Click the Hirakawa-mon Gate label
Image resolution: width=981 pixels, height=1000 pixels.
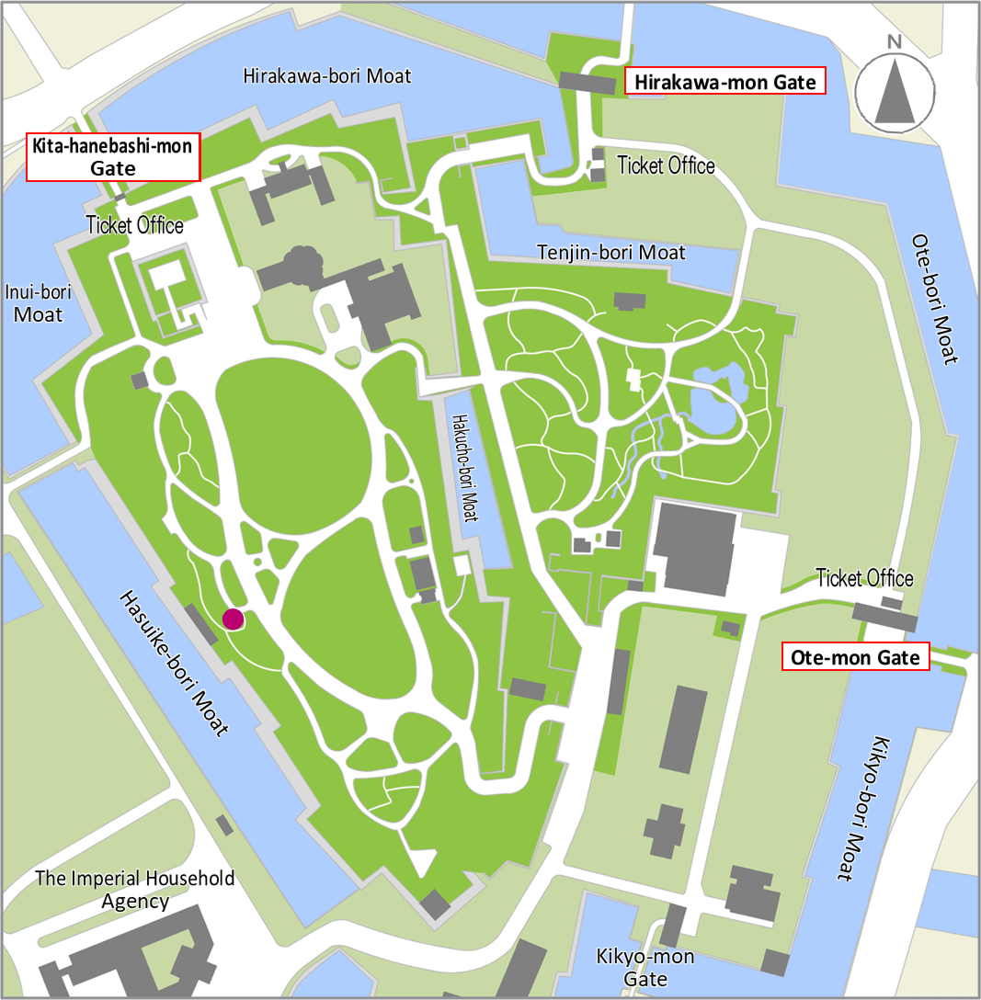pyautogui.click(x=724, y=82)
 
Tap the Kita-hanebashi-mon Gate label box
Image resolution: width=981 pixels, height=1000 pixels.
pyautogui.click(x=113, y=156)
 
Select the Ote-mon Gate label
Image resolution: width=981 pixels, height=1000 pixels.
pyautogui.click(x=856, y=657)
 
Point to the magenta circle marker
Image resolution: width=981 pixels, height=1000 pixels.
pyautogui.click(x=233, y=619)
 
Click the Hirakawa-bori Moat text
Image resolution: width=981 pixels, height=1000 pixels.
pyautogui.click(x=327, y=75)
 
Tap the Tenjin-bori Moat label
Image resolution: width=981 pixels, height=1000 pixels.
pyautogui.click(x=610, y=252)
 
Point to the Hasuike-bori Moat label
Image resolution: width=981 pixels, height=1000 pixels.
pyautogui.click(x=174, y=663)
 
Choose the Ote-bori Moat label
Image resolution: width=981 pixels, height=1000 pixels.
pyautogui.click(x=935, y=299)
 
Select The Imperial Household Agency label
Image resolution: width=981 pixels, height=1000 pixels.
pyautogui.click(x=135, y=889)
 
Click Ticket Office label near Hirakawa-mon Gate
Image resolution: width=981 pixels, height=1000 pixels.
pyautogui.click(x=666, y=165)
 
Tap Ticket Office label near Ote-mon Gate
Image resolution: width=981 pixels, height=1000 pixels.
pyautogui.click(x=864, y=578)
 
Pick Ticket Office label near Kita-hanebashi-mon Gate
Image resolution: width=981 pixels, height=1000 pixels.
pyautogui.click(x=135, y=225)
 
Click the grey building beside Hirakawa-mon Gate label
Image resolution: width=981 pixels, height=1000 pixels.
pyautogui.click(x=587, y=84)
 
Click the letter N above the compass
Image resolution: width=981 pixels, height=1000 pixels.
pyautogui.click(x=893, y=41)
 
